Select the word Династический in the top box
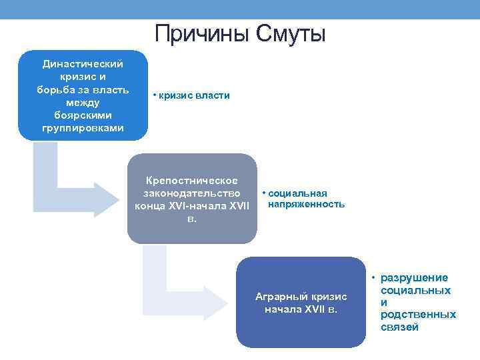(83, 64)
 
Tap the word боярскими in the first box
(83, 115)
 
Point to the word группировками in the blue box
(83, 127)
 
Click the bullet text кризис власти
(193, 95)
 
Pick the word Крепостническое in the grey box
(192, 180)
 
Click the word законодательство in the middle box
(192, 193)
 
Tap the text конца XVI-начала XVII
(192, 205)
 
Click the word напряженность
(306, 204)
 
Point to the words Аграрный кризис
(301, 297)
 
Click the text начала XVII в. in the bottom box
(301, 309)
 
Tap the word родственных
(418, 315)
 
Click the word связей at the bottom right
(399, 327)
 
